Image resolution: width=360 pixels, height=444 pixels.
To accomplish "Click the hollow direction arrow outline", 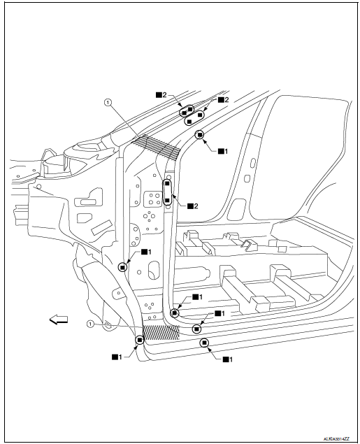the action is pyautogui.click(x=59, y=320).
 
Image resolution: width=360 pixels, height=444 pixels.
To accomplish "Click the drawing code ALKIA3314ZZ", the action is pyautogui.click(x=336, y=438).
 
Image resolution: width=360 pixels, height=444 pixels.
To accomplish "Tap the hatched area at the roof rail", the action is pyautogui.click(x=155, y=147).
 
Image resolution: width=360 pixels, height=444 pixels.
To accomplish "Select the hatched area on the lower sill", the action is pyautogui.click(x=161, y=332).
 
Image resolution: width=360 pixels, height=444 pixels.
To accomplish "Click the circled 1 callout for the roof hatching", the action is pyautogui.click(x=108, y=102).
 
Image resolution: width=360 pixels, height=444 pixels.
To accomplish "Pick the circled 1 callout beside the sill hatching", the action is pyautogui.click(x=90, y=324).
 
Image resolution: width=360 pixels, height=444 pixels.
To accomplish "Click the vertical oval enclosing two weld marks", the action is pyautogui.click(x=167, y=192).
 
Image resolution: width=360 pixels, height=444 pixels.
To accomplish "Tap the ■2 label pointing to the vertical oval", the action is pyautogui.click(x=193, y=206).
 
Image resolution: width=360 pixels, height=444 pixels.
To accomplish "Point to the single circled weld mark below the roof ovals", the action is pyautogui.click(x=199, y=135).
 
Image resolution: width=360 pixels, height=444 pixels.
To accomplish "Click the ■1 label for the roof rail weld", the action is pyautogui.click(x=223, y=151).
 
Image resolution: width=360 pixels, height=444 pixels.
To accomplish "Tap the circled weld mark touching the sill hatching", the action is pyautogui.click(x=140, y=340).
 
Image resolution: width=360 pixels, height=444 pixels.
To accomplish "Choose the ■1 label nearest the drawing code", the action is pyautogui.click(x=228, y=359).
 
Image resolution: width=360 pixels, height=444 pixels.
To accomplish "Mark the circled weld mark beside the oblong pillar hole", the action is pyautogui.click(x=122, y=267).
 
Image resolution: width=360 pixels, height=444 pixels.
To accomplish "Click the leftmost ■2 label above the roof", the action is pyautogui.click(x=161, y=95).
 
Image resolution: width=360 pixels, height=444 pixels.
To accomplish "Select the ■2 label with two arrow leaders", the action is pyautogui.click(x=223, y=100).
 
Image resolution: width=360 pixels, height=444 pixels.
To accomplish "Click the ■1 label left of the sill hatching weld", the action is pyautogui.click(x=117, y=357).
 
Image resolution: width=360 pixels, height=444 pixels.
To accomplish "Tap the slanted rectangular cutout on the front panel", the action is pyautogui.click(x=101, y=227).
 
